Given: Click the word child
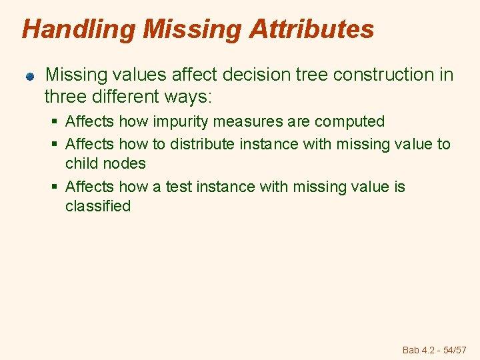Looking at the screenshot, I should tap(81, 163).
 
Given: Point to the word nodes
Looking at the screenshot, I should tap(125, 163).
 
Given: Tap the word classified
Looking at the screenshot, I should tap(97, 206).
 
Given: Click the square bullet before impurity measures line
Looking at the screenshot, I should tap(55, 122).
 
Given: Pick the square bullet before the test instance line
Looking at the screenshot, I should tap(55, 187).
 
